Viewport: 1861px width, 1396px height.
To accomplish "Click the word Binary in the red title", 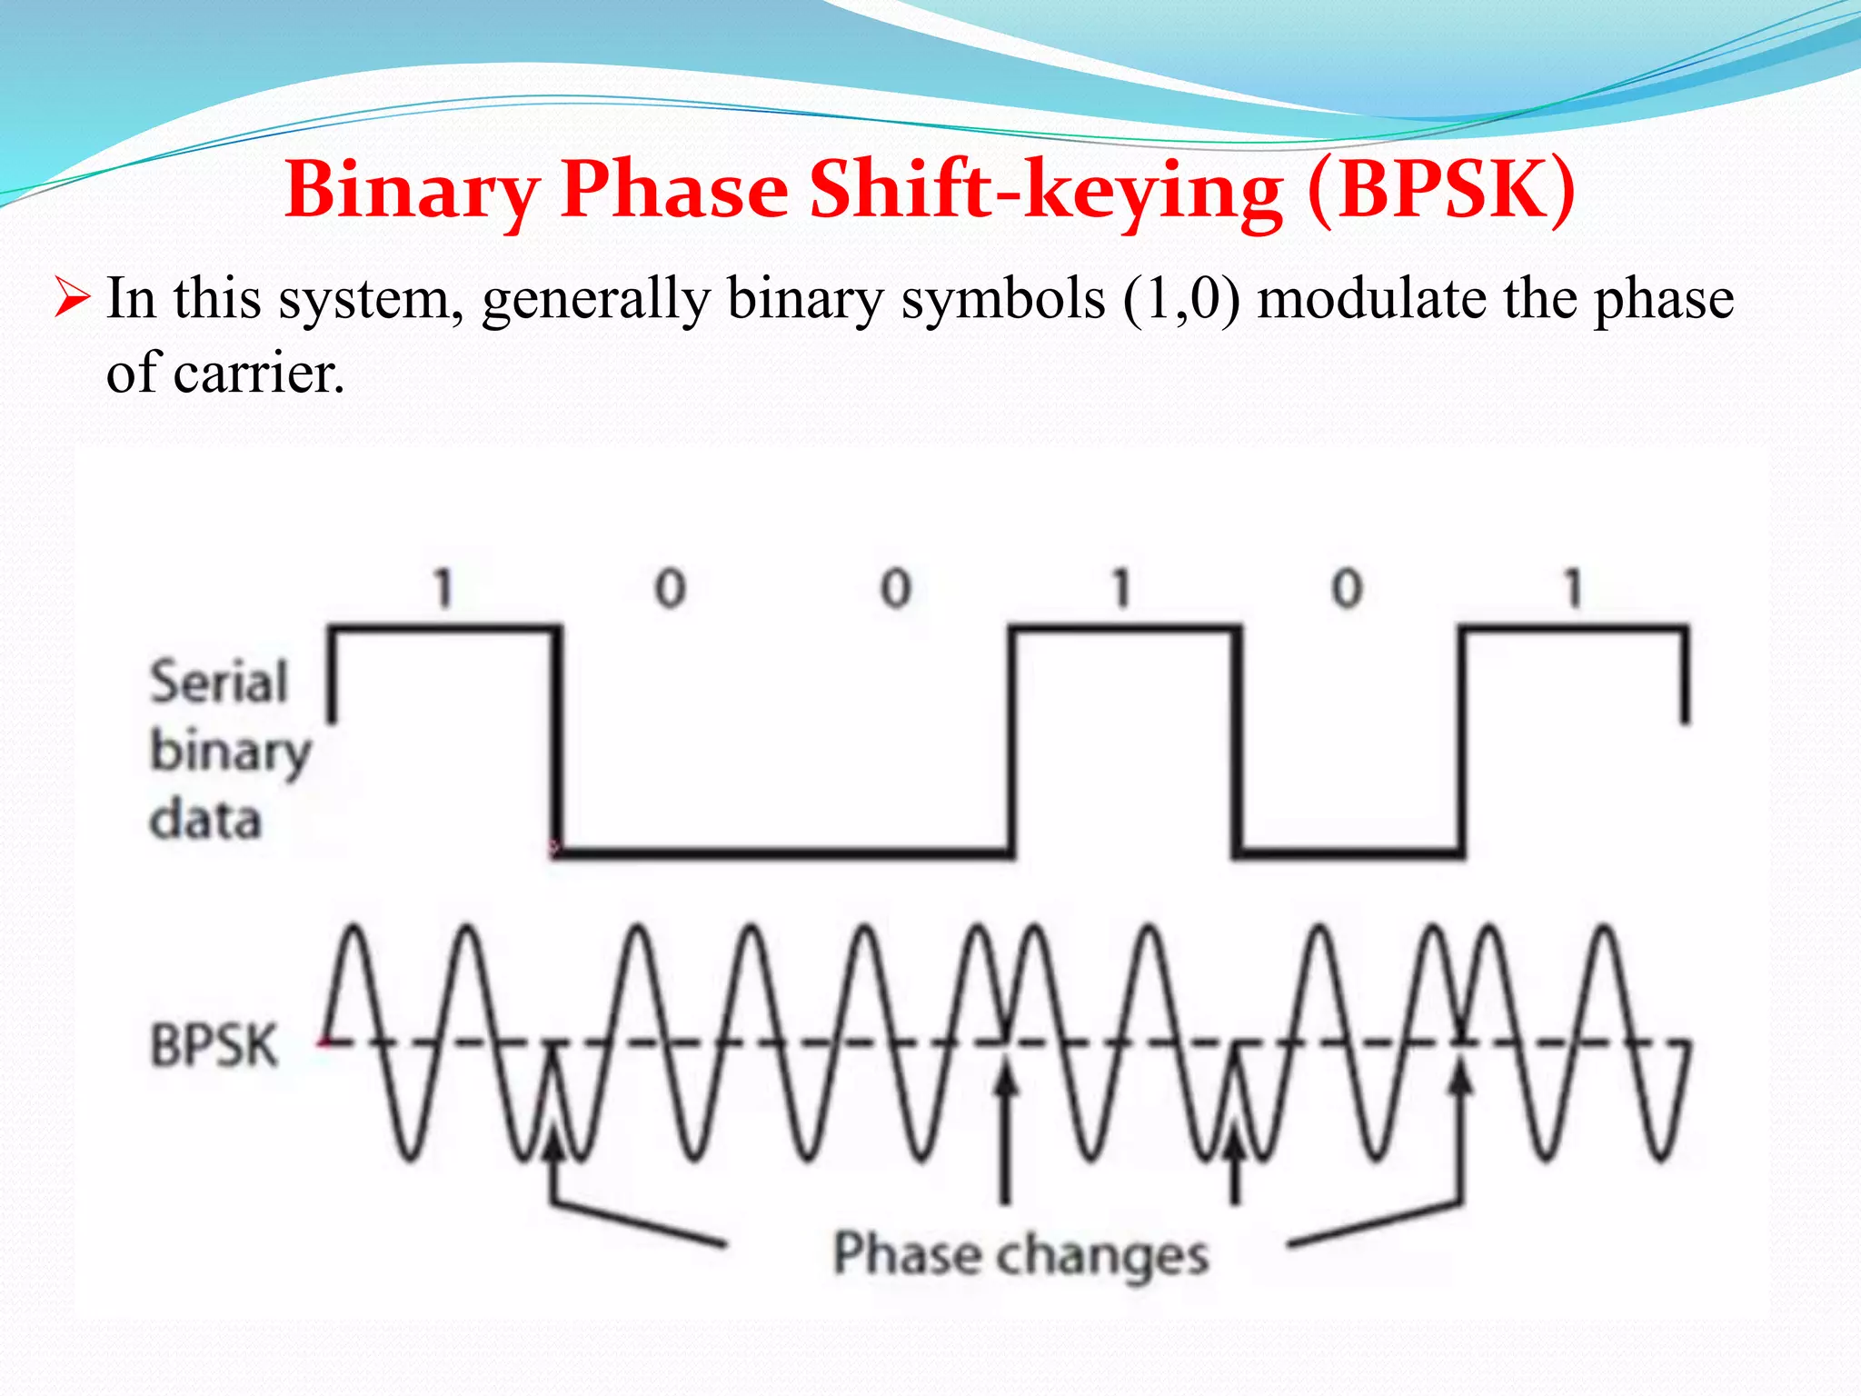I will pyautogui.click(x=412, y=190).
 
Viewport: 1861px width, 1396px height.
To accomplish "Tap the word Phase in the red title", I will pyautogui.click(x=675, y=190).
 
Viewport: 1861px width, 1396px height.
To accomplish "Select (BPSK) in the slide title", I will pyautogui.click(x=1441, y=190).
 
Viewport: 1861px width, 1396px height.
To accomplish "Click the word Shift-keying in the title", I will pyautogui.click(x=1045, y=190).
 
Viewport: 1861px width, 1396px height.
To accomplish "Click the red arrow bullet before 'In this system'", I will pyautogui.click(x=72, y=297).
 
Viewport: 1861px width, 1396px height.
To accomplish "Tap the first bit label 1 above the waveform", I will pyautogui.click(x=443, y=588).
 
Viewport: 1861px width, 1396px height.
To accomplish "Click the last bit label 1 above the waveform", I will pyautogui.click(x=1573, y=588).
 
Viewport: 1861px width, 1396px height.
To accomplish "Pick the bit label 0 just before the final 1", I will pyautogui.click(x=1347, y=588).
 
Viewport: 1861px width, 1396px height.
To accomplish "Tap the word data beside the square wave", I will pyautogui.click(x=205, y=820).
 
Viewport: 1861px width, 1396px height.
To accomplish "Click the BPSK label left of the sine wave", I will pyautogui.click(x=214, y=1045).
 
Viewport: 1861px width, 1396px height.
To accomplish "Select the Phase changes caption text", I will pyautogui.click(x=1020, y=1255).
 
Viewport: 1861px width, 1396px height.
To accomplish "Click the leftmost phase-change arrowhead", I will pyautogui.click(x=552, y=1141).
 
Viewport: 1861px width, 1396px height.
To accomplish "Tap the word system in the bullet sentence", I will pyautogui.click(x=364, y=300).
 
